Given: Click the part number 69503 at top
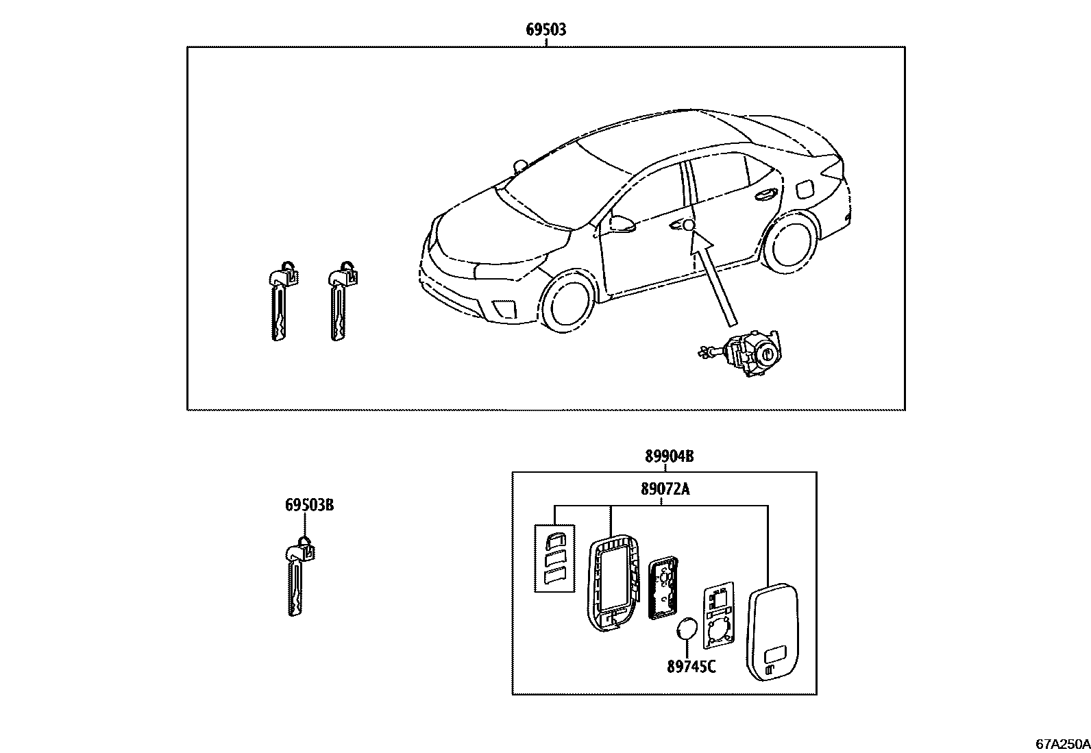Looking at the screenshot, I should (545, 29).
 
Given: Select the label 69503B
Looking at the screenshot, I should (309, 506).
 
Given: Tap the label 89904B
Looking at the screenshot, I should (668, 456).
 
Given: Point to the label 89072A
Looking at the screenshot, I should (665, 489).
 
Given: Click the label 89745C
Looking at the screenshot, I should (691, 665).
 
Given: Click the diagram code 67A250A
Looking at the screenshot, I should (1062, 743).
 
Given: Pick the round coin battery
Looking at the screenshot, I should (687, 629).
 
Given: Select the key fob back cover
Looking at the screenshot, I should (773, 631).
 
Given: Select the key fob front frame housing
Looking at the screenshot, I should (613, 581).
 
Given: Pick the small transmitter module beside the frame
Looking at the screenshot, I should (662, 587).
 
